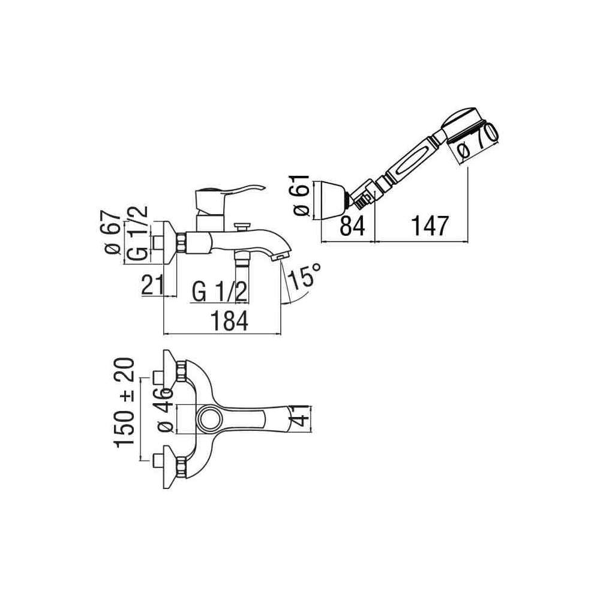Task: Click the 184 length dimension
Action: (x=229, y=320)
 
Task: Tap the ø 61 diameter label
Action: (x=301, y=196)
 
